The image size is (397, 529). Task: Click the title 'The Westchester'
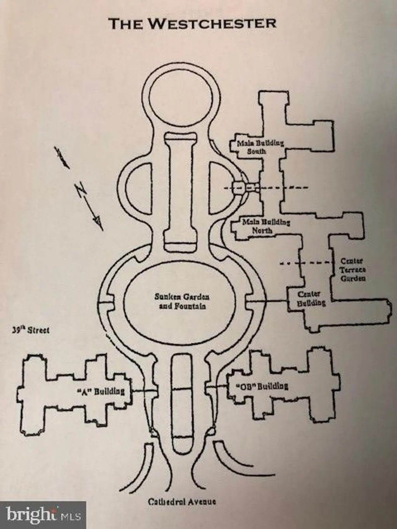click(192, 24)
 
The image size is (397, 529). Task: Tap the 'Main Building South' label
click(260, 147)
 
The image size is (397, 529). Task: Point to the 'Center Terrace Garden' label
click(353, 270)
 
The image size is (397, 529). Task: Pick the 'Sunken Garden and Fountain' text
click(181, 302)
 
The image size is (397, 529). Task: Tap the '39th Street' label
click(31, 330)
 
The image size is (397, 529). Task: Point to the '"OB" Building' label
click(262, 386)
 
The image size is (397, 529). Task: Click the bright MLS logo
click(43, 515)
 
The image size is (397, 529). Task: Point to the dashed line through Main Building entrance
click(266, 188)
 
